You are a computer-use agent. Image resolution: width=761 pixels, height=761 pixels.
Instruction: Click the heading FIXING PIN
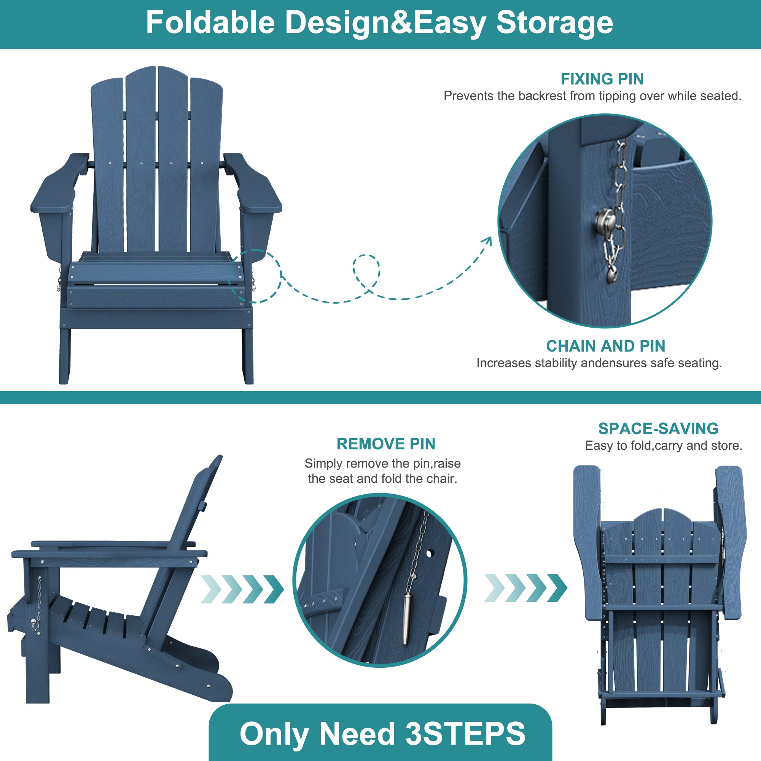point(602,79)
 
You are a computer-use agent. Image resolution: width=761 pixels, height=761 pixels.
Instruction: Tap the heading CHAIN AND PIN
point(606,346)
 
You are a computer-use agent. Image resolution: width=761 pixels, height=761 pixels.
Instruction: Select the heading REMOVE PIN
point(386,444)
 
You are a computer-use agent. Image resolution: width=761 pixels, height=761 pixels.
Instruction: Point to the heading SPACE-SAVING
point(658,428)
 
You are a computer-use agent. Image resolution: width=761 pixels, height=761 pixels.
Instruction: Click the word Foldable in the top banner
point(210,22)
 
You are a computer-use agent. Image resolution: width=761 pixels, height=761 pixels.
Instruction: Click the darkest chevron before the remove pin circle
point(274,589)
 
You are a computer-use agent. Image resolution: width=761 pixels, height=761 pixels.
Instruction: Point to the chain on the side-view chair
point(38,605)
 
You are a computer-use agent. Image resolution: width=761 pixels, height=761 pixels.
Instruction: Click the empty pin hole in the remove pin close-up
point(429,553)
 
